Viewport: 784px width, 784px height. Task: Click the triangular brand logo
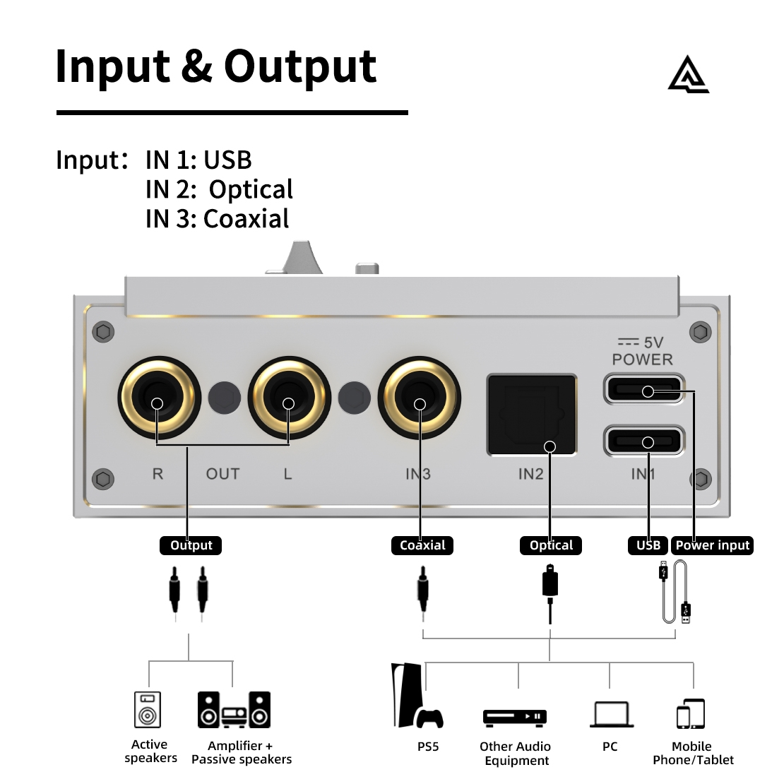(689, 75)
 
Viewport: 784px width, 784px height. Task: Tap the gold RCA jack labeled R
(159, 398)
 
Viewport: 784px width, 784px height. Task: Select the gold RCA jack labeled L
(289, 398)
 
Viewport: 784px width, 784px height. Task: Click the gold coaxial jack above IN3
(419, 398)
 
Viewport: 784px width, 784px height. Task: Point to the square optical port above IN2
(532, 415)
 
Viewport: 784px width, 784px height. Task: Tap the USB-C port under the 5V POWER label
(644, 389)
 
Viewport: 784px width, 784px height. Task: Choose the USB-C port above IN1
(644, 441)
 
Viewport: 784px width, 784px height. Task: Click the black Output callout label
(191, 545)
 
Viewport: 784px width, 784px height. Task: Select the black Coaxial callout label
(422, 545)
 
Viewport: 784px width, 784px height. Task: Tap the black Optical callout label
(551, 545)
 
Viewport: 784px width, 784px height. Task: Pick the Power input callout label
(712, 545)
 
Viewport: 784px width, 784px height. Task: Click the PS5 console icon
(417, 696)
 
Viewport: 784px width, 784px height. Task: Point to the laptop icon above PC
(612, 713)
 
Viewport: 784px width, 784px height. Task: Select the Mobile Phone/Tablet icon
(691, 713)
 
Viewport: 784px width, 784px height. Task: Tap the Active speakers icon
(148, 710)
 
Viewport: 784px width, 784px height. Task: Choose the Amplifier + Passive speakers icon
(234, 710)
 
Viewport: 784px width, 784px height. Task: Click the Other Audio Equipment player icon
(514, 717)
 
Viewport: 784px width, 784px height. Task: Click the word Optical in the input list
(251, 189)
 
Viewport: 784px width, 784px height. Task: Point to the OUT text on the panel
(223, 473)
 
